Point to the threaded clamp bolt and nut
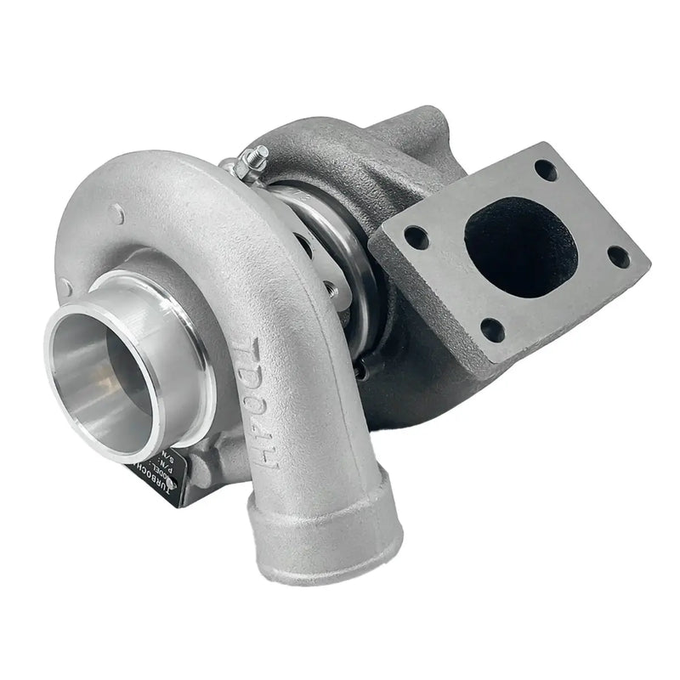click(x=252, y=158)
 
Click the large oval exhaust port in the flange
click(x=520, y=246)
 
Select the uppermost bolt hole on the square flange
click(x=546, y=170)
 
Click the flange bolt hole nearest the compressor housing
click(x=416, y=237)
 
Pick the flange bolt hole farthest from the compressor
click(x=618, y=256)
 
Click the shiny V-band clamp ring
click(x=340, y=255)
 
